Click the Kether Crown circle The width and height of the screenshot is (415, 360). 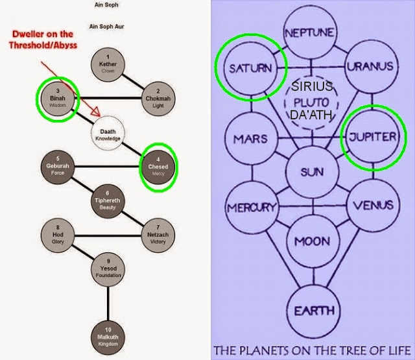(x=108, y=65)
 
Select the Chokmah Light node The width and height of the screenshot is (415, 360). (x=158, y=99)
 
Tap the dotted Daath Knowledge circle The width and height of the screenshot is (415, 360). (x=108, y=133)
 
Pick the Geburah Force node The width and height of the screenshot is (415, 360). (x=58, y=167)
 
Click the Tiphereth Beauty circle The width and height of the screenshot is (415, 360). (x=108, y=201)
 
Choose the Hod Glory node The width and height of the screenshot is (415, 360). (x=58, y=235)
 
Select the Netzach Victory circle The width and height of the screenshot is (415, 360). (x=158, y=235)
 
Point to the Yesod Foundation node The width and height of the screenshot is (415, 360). (x=108, y=269)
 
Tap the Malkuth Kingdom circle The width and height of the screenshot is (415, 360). (x=108, y=338)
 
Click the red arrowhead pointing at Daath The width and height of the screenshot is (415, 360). (x=96, y=112)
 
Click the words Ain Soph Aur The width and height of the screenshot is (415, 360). (x=106, y=27)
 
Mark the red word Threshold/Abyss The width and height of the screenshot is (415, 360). (x=43, y=45)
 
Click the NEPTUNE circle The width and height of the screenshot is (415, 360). (x=310, y=32)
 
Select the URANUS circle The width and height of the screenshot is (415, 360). (x=372, y=66)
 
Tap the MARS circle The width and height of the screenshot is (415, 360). (x=252, y=139)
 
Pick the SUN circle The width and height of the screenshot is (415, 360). (x=313, y=173)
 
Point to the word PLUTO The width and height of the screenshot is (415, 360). (x=311, y=102)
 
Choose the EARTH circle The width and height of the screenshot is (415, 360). (x=314, y=311)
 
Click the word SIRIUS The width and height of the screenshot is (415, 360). (x=312, y=86)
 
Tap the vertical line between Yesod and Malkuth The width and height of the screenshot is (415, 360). (x=108, y=304)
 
